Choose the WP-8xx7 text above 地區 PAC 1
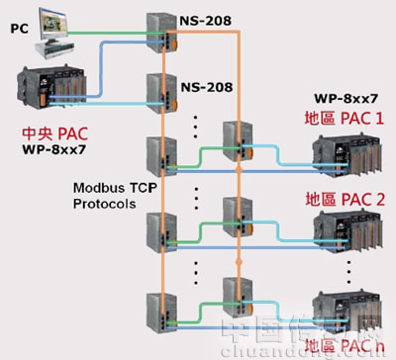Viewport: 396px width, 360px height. pos(346,100)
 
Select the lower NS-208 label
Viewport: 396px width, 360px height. pos(207,86)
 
